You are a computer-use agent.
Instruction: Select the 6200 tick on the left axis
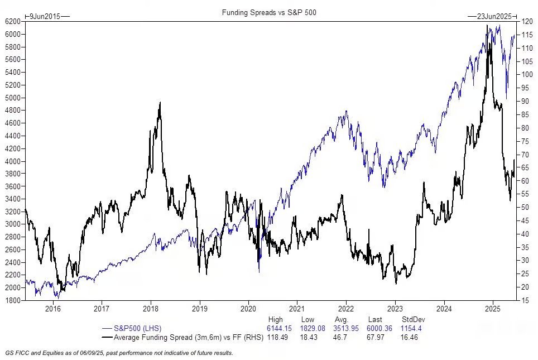point(13,21)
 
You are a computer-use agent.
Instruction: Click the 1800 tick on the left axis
point(13,300)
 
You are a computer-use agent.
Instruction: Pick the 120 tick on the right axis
point(525,21)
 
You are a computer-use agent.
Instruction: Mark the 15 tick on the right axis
point(523,300)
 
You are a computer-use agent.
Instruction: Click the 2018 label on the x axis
point(151,309)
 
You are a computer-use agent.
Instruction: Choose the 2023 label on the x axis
point(395,309)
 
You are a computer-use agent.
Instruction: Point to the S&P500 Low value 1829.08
point(314,328)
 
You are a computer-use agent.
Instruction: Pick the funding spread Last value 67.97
point(377,337)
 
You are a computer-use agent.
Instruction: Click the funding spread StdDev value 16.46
point(410,337)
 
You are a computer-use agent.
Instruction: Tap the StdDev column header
point(410,320)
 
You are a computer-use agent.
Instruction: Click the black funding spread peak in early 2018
point(160,103)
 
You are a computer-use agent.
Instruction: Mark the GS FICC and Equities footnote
point(119,353)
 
